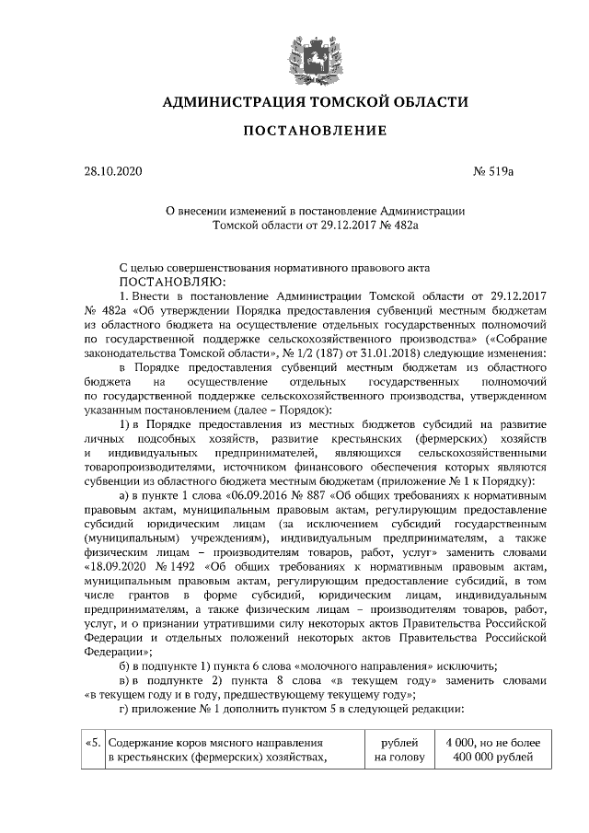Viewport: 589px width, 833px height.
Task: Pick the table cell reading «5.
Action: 94,743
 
